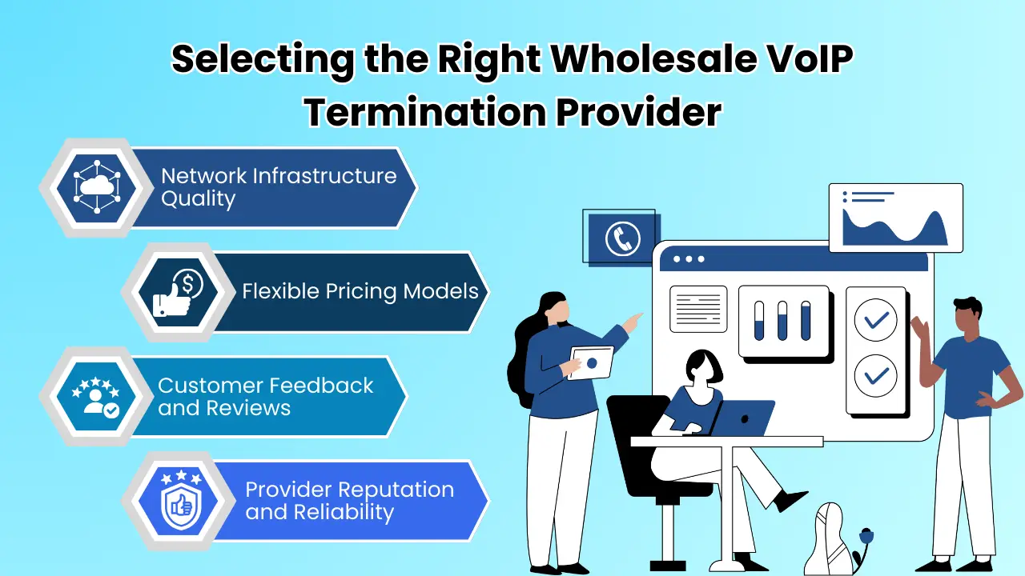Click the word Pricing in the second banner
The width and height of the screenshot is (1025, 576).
tap(369, 290)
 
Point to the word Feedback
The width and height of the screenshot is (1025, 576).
tap(320, 386)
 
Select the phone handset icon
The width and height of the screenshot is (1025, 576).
tap(622, 238)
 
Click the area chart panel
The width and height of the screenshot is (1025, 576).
tap(895, 218)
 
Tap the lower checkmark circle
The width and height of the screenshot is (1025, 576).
tap(875, 374)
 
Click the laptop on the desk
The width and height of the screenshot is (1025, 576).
tap(744, 418)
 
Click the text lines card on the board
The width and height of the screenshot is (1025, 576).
tap(697, 309)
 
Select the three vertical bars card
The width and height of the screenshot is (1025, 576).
tap(782, 321)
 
